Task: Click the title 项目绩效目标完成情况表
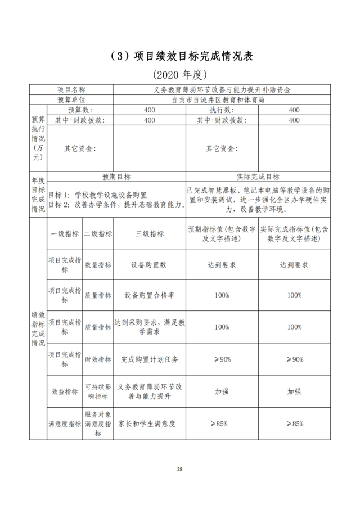[x=179, y=57]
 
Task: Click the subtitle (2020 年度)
[x=179, y=74]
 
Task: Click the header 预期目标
[x=116, y=177]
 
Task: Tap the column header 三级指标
[x=149, y=234]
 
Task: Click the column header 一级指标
[x=65, y=234]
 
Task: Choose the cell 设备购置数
[x=149, y=264]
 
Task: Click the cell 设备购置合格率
[x=149, y=295]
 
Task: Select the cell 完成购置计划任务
[x=149, y=359]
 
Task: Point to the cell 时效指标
[x=98, y=359]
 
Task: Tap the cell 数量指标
[x=98, y=264]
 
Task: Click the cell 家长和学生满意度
[x=149, y=424]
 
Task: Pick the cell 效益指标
[x=65, y=391]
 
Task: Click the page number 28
[x=180, y=469]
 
